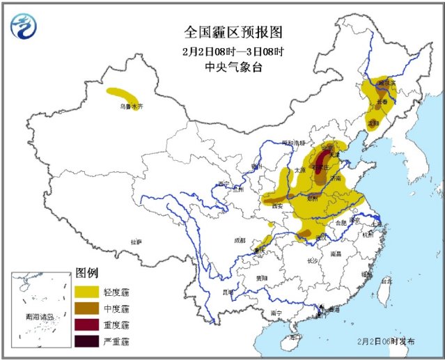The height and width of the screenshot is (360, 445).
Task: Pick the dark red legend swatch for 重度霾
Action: (87, 324)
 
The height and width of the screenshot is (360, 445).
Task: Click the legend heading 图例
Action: (86, 272)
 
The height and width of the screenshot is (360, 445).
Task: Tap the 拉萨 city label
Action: (135, 242)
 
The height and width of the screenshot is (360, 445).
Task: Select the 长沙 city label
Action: (313, 260)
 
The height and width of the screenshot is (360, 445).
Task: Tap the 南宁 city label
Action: (276, 313)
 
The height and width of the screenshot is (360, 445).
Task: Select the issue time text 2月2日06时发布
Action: (387, 342)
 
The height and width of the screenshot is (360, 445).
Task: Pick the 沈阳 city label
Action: (373, 124)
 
